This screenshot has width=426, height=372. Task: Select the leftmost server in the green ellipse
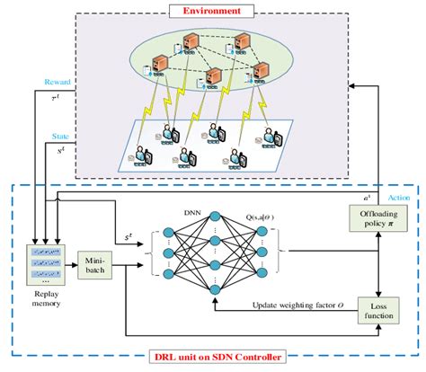160,65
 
